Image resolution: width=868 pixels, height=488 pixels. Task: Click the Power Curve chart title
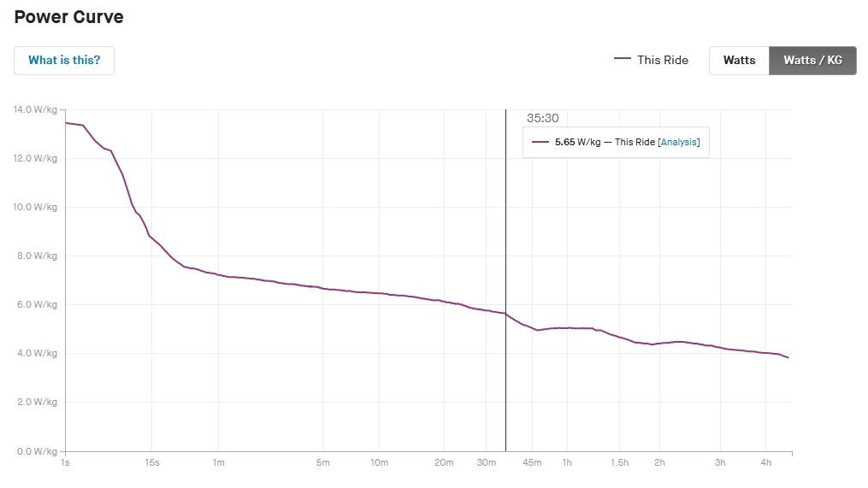68,17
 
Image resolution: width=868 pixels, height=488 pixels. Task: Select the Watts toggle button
739,61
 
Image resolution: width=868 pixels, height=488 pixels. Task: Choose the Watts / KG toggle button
812,61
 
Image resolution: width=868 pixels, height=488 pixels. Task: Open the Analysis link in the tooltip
679,143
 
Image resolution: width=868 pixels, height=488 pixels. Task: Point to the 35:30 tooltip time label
542,119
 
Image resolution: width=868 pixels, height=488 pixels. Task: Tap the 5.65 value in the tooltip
565,143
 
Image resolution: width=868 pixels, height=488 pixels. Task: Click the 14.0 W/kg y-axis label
34,109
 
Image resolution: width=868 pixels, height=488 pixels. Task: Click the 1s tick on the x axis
66,463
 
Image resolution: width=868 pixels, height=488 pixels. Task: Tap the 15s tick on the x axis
152,463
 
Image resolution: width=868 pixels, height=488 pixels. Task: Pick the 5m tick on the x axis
323,463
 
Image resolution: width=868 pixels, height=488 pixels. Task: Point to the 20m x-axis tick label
443,463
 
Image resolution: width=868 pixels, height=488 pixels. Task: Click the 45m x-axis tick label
532,463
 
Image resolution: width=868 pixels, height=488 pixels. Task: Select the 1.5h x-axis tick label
619,463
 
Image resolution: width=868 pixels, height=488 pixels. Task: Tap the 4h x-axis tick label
766,463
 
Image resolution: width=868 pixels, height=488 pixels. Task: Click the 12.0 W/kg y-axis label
34,158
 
